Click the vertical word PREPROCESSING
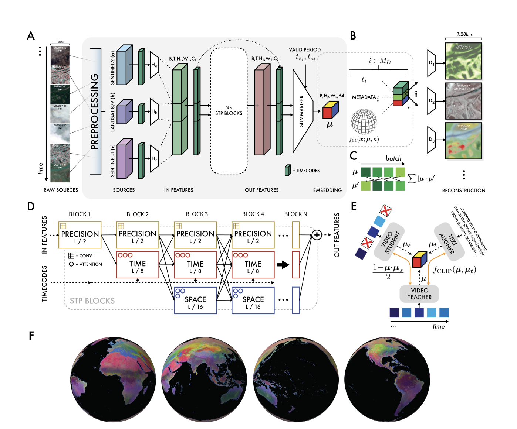[x=95, y=111]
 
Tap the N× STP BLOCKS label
[x=229, y=111]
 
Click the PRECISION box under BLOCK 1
[x=80, y=235]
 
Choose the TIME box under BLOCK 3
[x=195, y=265]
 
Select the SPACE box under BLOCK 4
[x=253, y=301]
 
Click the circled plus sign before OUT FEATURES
[x=317, y=235]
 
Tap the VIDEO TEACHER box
[x=419, y=294]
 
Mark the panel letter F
[x=31, y=336]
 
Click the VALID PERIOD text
[x=305, y=50]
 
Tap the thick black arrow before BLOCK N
[x=283, y=265]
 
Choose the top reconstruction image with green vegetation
[x=463, y=61]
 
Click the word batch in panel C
[x=393, y=158]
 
